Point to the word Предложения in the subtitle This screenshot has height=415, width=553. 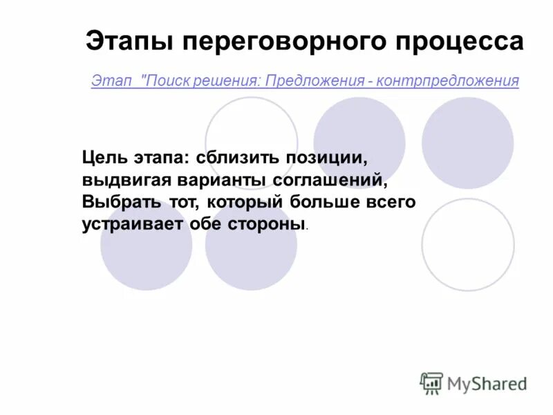(314, 81)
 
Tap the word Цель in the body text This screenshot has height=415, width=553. (105, 157)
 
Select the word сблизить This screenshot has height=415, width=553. (238, 157)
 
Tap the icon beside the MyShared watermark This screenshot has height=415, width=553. (431, 382)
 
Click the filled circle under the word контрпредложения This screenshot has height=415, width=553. (467, 143)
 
